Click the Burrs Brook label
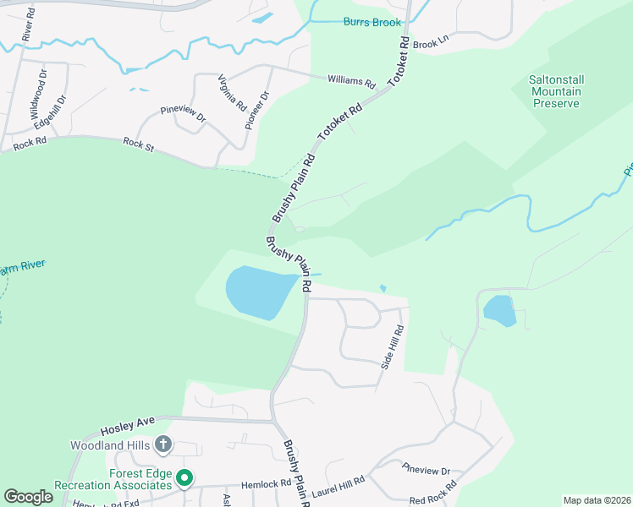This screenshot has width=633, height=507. pyautogui.click(x=372, y=22)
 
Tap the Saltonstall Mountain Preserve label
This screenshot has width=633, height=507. pyautogui.click(x=556, y=91)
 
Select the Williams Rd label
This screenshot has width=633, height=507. pyautogui.click(x=351, y=81)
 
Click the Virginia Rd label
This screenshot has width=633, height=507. pyautogui.click(x=231, y=94)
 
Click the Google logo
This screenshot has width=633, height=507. pyautogui.click(x=29, y=496)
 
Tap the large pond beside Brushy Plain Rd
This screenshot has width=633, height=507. pyautogui.click(x=258, y=292)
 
